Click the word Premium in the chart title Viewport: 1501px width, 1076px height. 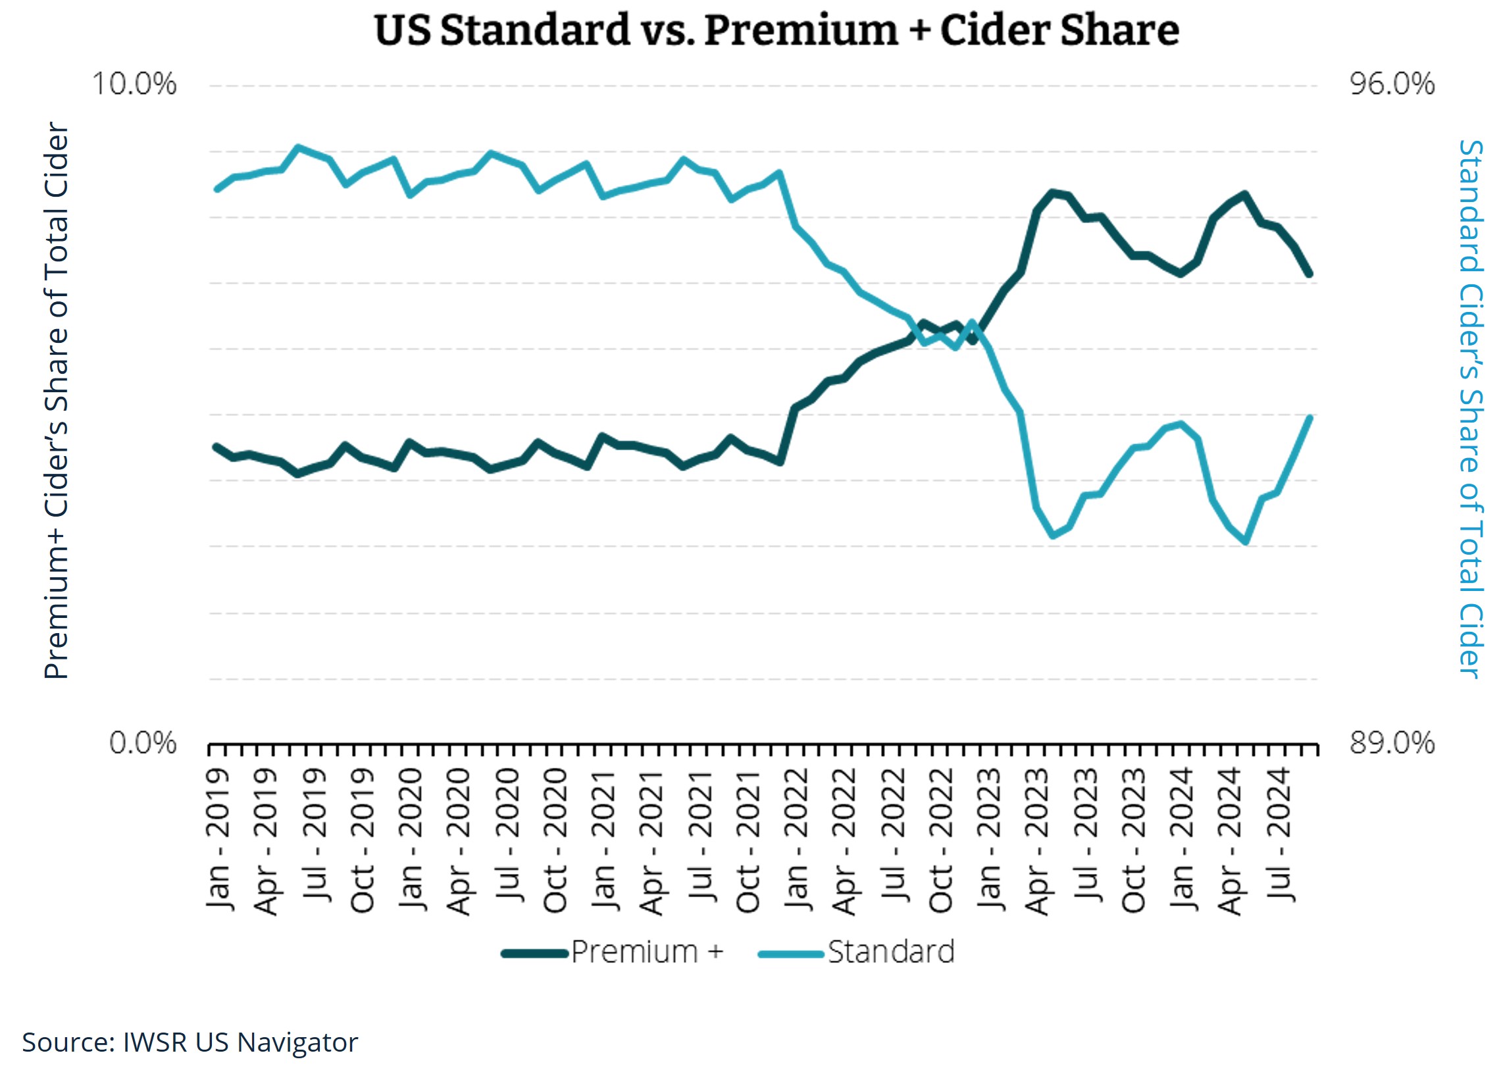click(801, 30)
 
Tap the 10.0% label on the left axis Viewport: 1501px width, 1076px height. click(134, 85)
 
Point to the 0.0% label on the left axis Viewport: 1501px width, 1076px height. click(143, 743)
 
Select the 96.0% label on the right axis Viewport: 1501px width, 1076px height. click(1392, 85)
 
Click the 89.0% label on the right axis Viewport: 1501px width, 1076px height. click(1392, 743)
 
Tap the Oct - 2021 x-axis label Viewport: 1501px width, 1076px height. click(748, 840)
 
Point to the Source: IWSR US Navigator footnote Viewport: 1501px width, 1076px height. click(190, 1042)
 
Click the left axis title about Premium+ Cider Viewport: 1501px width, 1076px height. click(57, 400)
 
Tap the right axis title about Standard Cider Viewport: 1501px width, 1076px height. click(1471, 409)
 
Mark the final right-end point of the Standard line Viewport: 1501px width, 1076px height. click(1310, 417)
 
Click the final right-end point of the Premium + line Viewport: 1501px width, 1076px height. click(1310, 274)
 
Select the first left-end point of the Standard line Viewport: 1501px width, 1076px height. click(216, 190)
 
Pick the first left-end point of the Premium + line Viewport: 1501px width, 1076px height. click(216, 447)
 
